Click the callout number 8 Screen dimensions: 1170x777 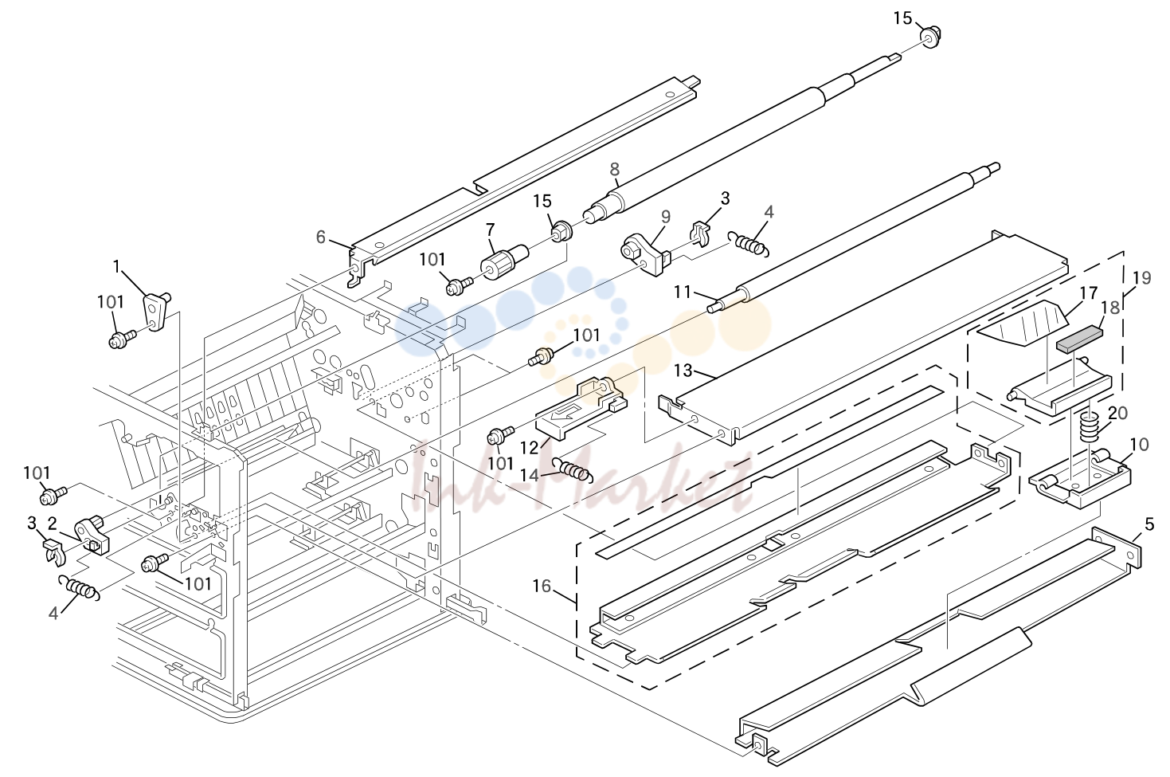(614, 169)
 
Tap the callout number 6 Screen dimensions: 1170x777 (321, 237)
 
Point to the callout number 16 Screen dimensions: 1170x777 (542, 587)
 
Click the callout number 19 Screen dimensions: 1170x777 (1142, 278)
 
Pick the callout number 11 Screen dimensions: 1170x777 (682, 292)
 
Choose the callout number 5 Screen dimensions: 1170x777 (1149, 524)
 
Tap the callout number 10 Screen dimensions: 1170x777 (1139, 445)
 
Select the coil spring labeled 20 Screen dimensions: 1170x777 (1088, 426)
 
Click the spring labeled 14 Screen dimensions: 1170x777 (573, 469)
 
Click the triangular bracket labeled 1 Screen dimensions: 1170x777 (155, 312)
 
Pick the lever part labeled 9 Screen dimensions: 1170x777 (646, 254)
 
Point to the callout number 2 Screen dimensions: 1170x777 (53, 523)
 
